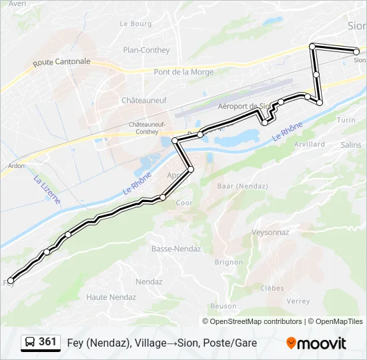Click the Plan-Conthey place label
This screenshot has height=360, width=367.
pyautogui.click(x=146, y=50)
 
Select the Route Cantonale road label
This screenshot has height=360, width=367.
pyautogui.click(x=61, y=62)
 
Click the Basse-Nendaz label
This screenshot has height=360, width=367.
pyautogui.click(x=173, y=249)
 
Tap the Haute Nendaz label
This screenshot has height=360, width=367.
pyautogui.click(x=111, y=297)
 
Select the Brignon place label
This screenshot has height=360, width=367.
pyautogui.click(x=228, y=262)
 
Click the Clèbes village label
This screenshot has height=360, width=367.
pyautogui.click(x=272, y=289)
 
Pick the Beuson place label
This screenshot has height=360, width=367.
pyautogui.click(x=223, y=307)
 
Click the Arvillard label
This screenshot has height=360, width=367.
pyautogui.click(x=308, y=144)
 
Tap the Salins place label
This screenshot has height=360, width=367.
pyautogui.click(x=350, y=145)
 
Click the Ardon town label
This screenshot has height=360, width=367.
pyautogui.click(x=16, y=166)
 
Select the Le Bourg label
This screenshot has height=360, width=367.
pyautogui.click(x=135, y=23)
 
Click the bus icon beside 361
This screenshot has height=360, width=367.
pyautogui.click(x=30, y=343)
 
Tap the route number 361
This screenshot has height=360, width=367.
pyautogui.click(x=48, y=342)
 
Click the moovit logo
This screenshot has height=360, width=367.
pyautogui.click(x=316, y=343)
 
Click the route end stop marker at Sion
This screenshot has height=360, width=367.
pyautogui.click(x=356, y=51)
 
